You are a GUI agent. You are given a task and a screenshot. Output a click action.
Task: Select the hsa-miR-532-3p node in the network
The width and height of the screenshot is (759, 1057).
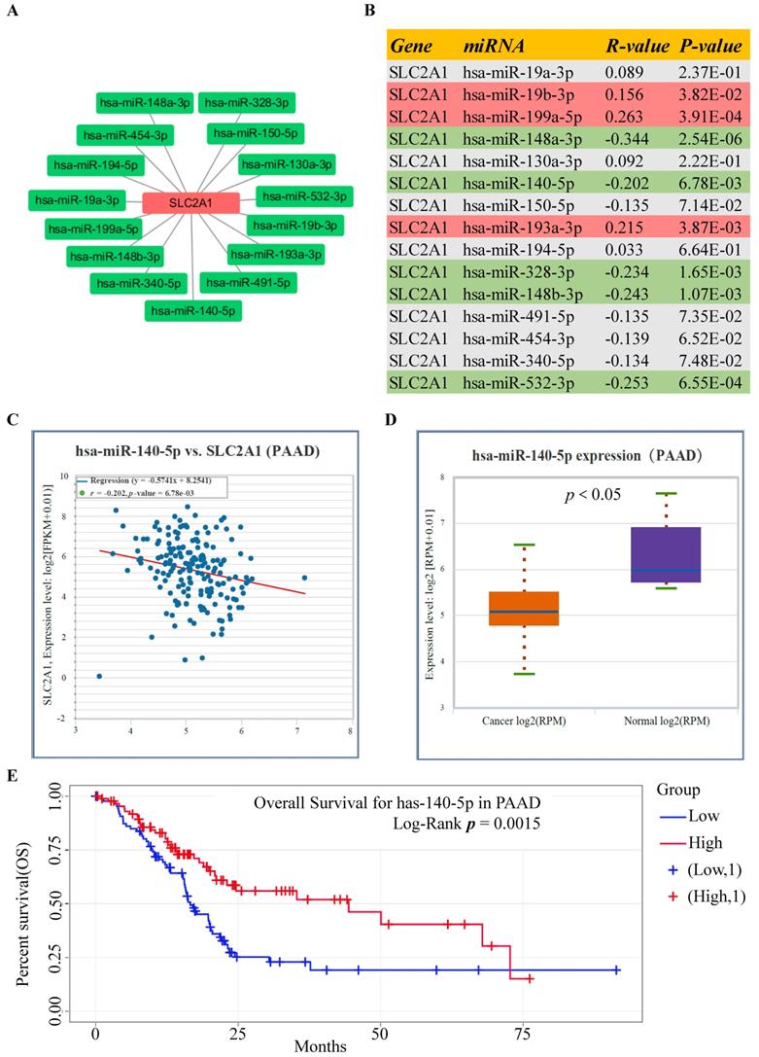coord(304,197)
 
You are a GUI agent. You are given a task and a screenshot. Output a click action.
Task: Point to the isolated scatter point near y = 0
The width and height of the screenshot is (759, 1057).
coord(99,676)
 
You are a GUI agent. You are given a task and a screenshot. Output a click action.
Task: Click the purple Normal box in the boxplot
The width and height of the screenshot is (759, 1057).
coord(666,554)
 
